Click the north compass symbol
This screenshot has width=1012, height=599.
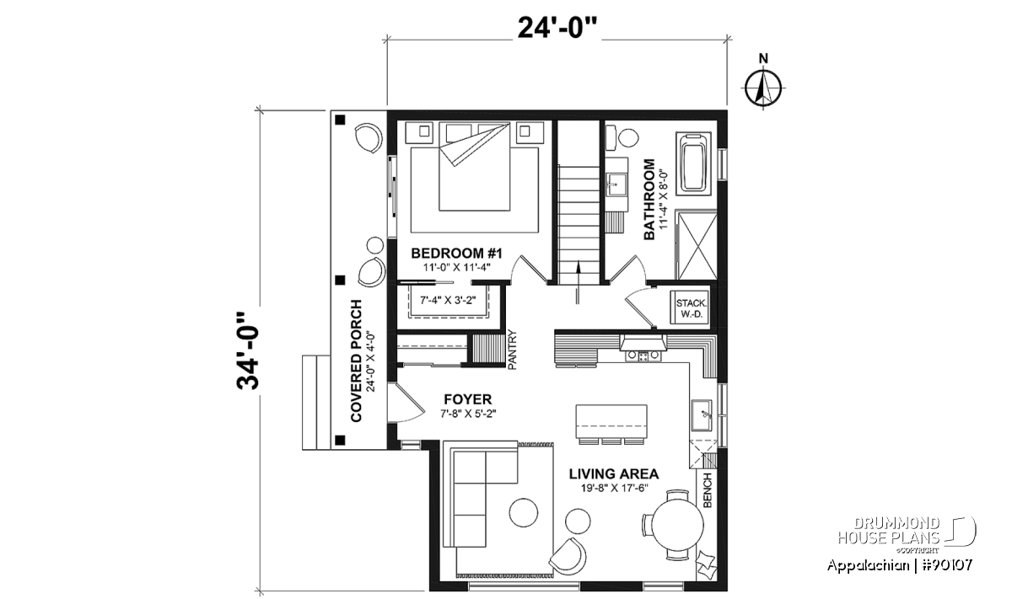763,88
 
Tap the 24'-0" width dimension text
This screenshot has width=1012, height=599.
557,28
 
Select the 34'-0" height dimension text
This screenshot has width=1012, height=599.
248,350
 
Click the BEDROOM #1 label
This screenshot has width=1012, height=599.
457,254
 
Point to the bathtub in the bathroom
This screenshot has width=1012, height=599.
693,163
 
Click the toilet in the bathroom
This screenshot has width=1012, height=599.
622,137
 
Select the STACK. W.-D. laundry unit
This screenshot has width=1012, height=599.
690,308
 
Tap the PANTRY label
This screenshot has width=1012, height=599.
512,350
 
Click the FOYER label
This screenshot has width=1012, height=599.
467,399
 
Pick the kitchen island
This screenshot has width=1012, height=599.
611,421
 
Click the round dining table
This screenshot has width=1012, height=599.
678,525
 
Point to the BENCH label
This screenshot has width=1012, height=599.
708,490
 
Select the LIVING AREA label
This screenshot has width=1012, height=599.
614,474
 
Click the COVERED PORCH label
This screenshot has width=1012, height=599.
357,361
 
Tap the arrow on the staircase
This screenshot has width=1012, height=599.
578,282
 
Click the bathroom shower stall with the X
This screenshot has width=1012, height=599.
697,246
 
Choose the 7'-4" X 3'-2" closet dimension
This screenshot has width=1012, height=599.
448,300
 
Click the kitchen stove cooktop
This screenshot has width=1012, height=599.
643,356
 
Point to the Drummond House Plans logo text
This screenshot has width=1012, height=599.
889,530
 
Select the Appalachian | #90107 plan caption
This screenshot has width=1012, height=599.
900,565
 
